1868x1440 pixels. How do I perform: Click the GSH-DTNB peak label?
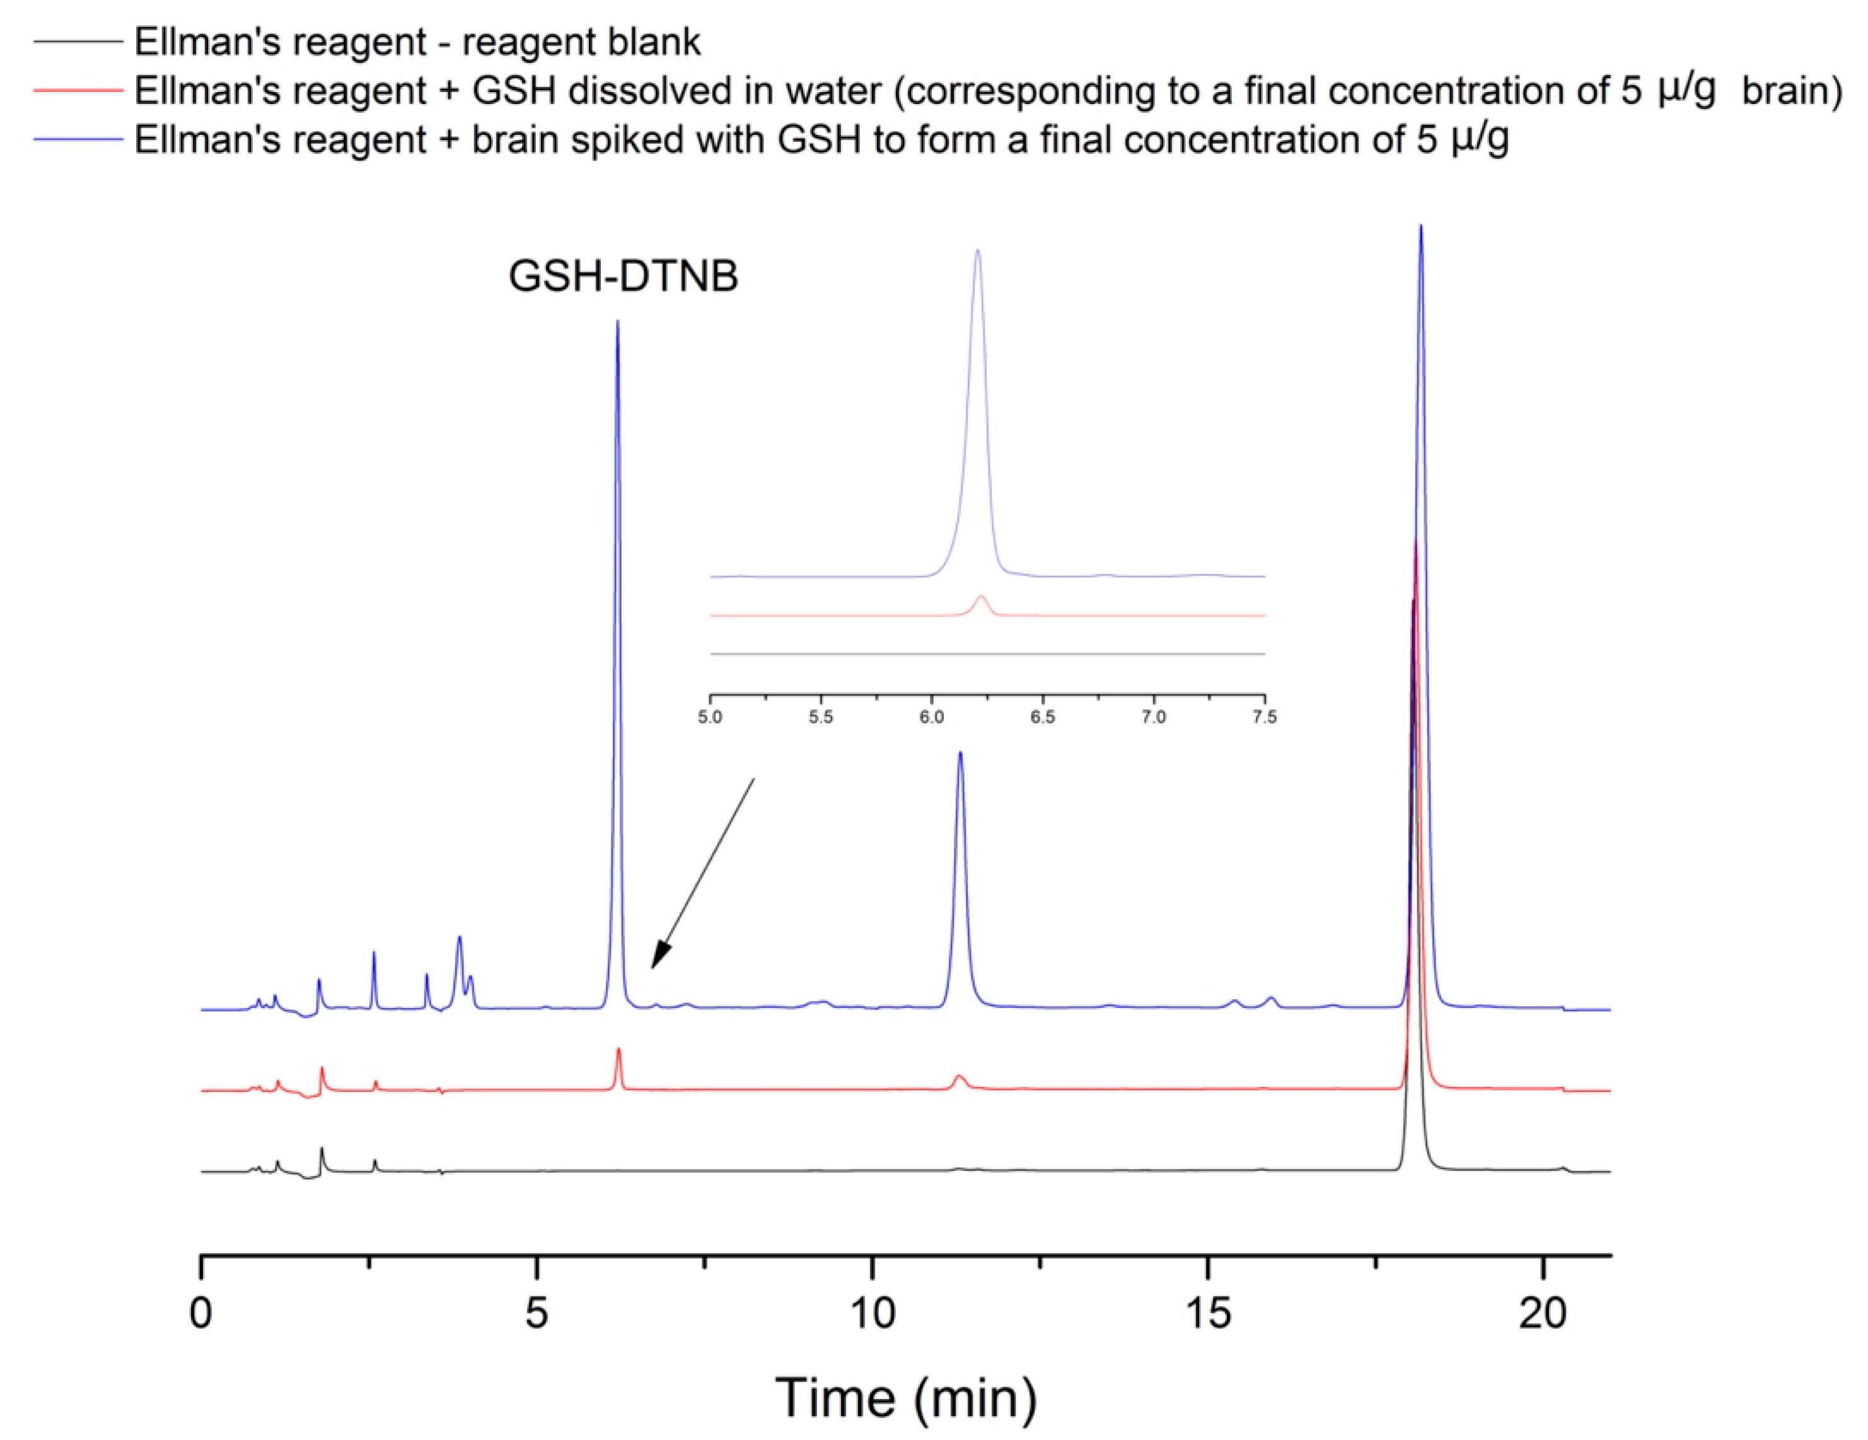coord(623,276)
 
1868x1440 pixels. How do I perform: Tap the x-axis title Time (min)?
coord(906,1397)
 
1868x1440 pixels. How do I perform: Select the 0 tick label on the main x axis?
coord(201,1313)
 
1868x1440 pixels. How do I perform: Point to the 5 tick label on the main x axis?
coord(537,1313)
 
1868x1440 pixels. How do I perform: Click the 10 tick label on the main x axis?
coord(873,1313)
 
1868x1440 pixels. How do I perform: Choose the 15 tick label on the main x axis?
coord(1208,1313)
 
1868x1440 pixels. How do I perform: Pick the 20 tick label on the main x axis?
coord(1543,1313)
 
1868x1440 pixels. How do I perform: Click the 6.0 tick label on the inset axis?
coord(931,717)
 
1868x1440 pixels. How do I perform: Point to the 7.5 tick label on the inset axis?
coord(1264,717)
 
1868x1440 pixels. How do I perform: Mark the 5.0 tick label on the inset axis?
coord(710,717)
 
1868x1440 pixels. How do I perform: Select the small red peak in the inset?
coord(981,598)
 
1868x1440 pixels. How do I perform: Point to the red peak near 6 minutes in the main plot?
coord(618,1050)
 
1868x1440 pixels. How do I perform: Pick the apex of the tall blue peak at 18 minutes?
coord(1420,226)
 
